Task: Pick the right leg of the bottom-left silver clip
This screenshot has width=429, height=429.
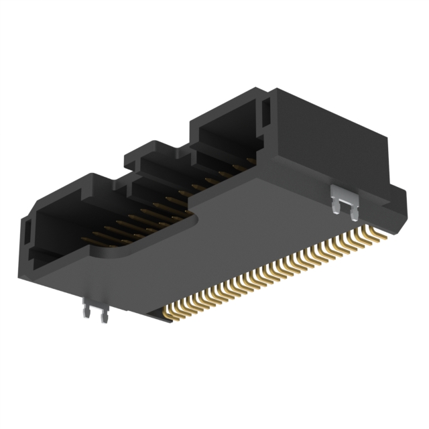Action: pos(103,316)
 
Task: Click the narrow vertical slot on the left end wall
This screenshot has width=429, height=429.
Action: pos(27,235)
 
